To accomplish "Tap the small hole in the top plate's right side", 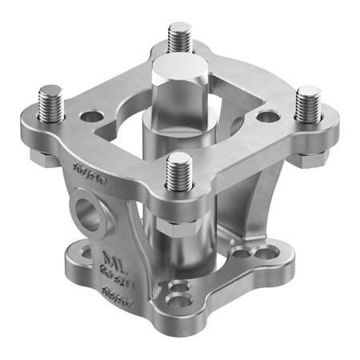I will click(267, 117).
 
